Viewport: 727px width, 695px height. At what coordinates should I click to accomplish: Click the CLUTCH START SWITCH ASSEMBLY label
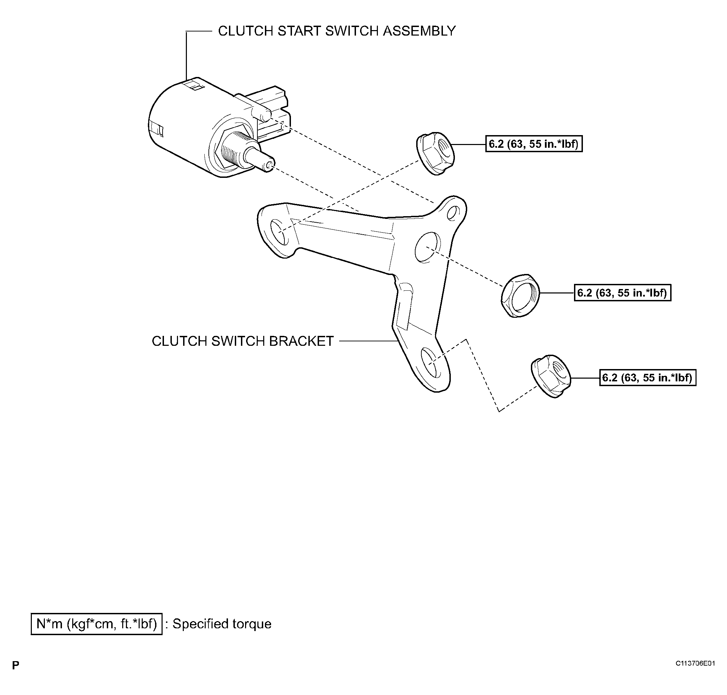tap(336, 31)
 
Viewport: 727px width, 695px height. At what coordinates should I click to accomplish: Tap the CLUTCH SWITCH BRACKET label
tap(243, 341)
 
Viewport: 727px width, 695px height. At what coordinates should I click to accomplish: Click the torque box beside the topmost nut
tap(534, 144)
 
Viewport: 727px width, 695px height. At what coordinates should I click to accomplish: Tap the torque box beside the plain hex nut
tap(623, 293)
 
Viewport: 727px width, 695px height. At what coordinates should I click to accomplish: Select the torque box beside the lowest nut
tap(648, 378)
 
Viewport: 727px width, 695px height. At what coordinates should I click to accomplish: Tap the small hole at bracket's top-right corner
tap(453, 213)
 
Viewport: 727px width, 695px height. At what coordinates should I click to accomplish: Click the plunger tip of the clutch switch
tap(268, 164)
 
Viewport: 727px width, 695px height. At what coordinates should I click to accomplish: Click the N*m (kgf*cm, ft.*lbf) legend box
tap(97, 624)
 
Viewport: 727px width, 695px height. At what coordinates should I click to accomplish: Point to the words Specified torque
tap(222, 624)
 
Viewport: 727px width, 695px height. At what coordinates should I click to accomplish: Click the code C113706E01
tap(695, 664)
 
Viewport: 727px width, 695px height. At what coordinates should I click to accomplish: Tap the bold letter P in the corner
tap(15, 665)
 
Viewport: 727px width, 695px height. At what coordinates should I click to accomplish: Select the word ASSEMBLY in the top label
tap(419, 31)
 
